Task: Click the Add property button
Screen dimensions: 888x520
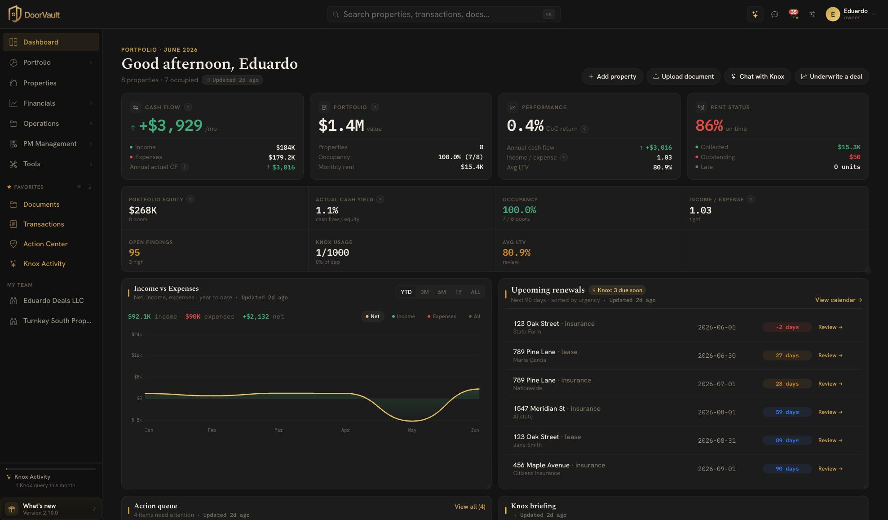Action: click(x=612, y=76)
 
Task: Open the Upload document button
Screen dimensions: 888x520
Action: click(x=683, y=76)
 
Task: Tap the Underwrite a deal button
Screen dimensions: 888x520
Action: click(x=831, y=76)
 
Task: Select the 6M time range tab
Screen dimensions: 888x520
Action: click(x=442, y=292)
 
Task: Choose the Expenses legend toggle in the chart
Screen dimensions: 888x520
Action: click(x=442, y=316)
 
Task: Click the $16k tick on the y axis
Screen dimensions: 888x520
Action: click(x=137, y=355)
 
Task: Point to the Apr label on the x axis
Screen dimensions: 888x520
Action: click(x=345, y=430)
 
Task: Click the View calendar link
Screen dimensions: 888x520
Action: click(x=838, y=300)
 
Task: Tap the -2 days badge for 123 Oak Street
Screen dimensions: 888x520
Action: click(x=787, y=327)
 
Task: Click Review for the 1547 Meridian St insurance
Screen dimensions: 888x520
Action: click(x=830, y=412)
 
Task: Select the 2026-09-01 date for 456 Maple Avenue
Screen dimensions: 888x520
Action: click(x=716, y=469)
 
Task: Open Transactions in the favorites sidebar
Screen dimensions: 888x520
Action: click(x=44, y=224)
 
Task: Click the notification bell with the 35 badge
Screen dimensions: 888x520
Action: click(x=794, y=14)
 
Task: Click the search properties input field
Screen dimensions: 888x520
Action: click(x=443, y=14)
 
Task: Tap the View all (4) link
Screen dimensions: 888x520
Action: click(x=469, y=507)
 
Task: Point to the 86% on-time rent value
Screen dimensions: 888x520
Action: click(x=709, y=125)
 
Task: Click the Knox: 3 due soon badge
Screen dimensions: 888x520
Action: click(x=617, y=290)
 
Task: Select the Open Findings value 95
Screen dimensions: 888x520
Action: click(x=134, y=253)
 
